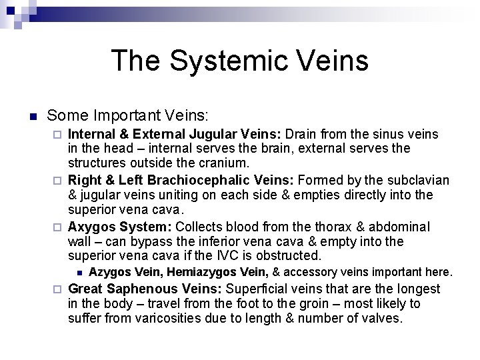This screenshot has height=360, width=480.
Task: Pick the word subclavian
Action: [x=419, y=181]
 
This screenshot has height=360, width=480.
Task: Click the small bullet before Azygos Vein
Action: [x=79, y=272]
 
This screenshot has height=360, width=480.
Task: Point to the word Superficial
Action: [x=262, y=289]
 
